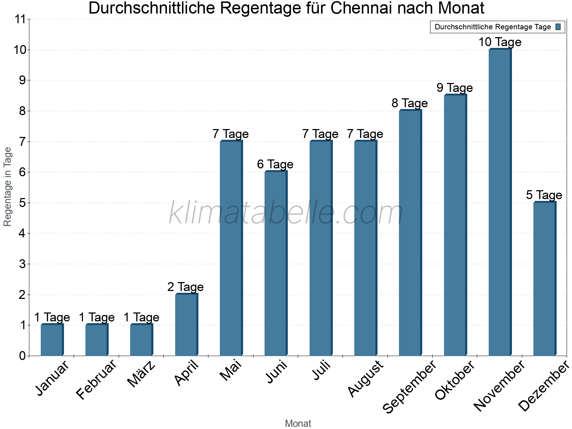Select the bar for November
click(500, 202)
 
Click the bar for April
click(186, 325)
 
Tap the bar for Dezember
click(544, 279)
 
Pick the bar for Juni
click(276, 263)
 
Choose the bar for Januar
click(52, 340)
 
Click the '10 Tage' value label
click(500, 42)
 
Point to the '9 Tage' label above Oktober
click(455, 88)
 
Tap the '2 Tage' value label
click(186, 287)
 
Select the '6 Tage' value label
click(275, 164)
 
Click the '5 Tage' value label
click(544, 195)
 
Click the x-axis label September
click(410, 387)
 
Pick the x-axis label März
click(142, 374)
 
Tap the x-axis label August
click(366, 379)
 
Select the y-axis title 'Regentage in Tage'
click(8, 187)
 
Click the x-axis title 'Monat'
click(298, 423)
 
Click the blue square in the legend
click(558, 27)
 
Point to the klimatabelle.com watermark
click(286, 213)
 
